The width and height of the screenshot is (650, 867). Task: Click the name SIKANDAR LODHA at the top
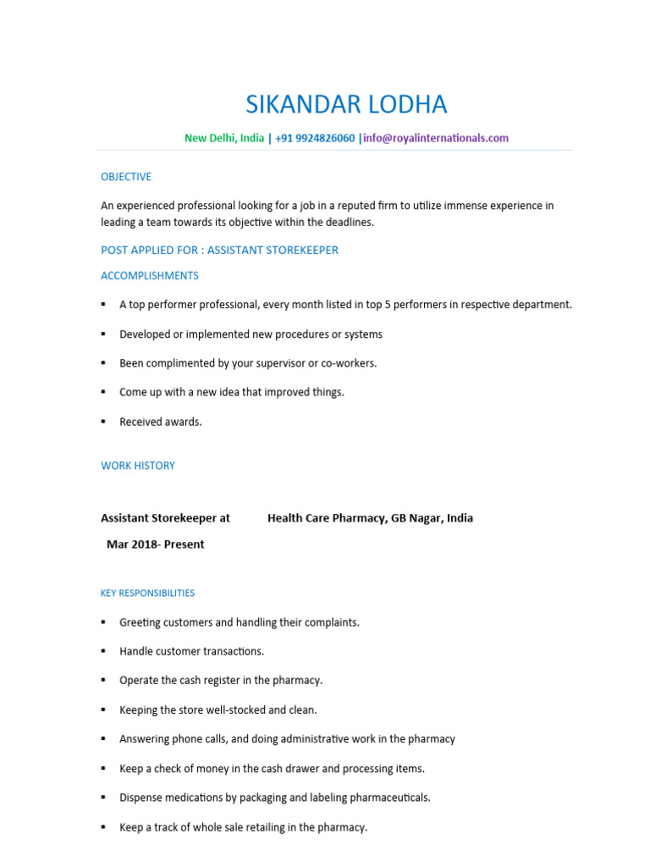click(x=346, y=105)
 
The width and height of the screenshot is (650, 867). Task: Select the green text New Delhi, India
click(x=224, y=138)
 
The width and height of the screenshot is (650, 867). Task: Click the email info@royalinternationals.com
click(x=436, y=138)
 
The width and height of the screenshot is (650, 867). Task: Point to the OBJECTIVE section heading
click(x=126, y=177)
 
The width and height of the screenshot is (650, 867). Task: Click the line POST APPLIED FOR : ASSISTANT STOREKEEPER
click(x=219, y=250)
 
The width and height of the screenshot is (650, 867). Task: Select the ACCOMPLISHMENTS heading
click(x=150, y=276)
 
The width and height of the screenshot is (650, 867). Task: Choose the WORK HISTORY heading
click(x=138, y=466)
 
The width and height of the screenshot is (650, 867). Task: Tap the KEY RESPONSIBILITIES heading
click(x=147, y=594)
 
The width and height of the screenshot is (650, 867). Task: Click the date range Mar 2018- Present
click(x=155, y=544)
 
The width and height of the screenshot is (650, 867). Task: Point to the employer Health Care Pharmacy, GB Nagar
click(x=370, y=518)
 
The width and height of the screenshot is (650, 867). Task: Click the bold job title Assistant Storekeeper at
click(x=165, y=518)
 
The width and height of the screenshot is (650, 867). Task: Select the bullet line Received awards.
click(x=161, y=422)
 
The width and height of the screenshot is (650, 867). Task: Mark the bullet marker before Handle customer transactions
click(x=103, y=651)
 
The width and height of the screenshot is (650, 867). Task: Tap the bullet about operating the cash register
click(x=221, y=681)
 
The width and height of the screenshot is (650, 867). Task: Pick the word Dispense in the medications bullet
click(x=141, y=798)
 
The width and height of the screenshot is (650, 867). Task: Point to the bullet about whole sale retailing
click(x=243, y=827)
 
